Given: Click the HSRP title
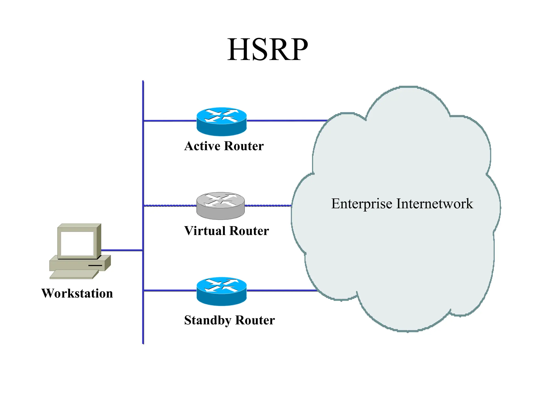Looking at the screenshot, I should pos(267,50).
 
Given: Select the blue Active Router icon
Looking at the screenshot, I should pos(221,121).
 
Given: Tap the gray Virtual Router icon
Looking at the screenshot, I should pos(220,206).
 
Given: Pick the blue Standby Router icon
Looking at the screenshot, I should pos(221,291).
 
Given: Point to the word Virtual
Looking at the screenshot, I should pos(205,231).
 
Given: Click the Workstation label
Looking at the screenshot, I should pos(77,293).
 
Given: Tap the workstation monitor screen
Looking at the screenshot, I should pos(77,243).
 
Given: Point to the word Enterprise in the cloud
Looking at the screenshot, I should pos(361,204).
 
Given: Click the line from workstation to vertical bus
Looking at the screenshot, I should pos(122,250).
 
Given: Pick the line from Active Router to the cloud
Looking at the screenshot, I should pos(287,121).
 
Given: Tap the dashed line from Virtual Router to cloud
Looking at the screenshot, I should pos(267,206).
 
